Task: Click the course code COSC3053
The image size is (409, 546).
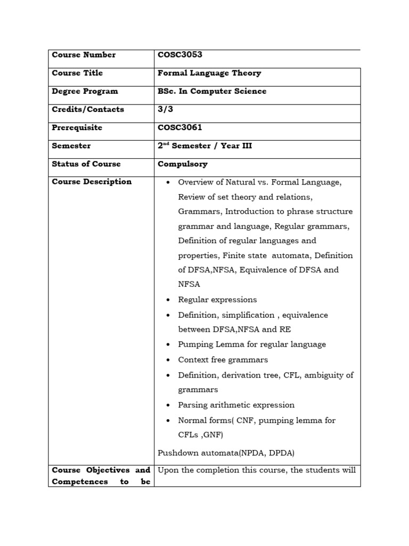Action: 180,55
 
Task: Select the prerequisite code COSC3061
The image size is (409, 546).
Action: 180,128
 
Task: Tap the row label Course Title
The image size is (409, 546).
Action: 77,73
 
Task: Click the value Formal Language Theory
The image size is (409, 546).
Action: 209,73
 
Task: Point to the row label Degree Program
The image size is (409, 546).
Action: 85,91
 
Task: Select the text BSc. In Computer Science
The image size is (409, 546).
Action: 212,91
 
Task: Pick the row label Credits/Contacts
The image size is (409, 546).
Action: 88,109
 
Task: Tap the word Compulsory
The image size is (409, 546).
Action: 183,164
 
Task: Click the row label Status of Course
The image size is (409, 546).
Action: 86,164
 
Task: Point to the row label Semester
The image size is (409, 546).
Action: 71,146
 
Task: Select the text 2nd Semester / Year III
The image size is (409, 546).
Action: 204,146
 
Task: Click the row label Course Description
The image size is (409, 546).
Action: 92,182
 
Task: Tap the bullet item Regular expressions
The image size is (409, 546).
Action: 217,300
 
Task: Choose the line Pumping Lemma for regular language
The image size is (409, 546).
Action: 252,344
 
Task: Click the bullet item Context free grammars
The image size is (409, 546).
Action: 223,360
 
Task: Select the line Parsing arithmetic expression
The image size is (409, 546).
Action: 236,405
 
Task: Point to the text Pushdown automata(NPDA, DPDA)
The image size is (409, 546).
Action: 226,453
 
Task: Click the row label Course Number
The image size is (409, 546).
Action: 84,55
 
